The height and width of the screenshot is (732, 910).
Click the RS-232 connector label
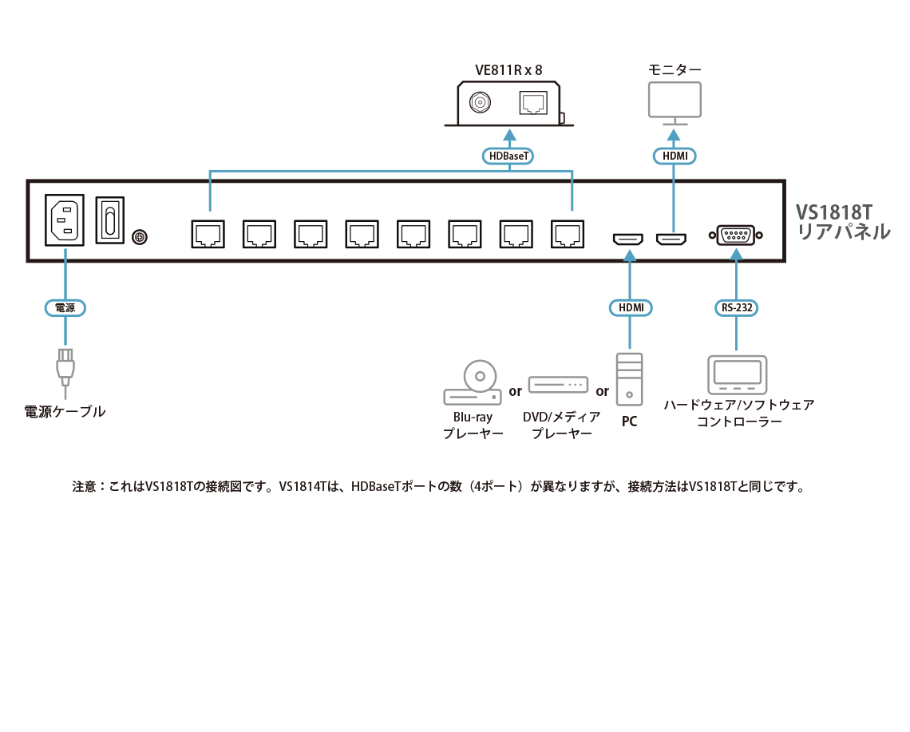click(x=735, y=307)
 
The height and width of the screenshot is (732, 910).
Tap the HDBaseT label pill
click(x=508, y=156)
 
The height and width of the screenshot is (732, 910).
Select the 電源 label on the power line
click(x=64, y=307)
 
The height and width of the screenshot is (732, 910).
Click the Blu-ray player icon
click(x=472, y=383)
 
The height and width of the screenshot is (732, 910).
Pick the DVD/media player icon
click(x=558, y=385)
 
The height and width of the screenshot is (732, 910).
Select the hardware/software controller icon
click(x=737, y=374)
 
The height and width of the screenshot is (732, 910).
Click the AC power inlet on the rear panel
click(x=65, y=220)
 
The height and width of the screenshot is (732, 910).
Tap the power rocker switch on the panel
click(x=110, y=220)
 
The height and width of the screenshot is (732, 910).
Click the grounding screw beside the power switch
click(x=139, y=237)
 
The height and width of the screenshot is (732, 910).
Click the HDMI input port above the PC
click(x=629, y=238)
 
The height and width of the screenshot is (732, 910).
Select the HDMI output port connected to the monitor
click(x=671, y=238)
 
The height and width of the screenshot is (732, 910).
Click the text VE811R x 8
click(x=508, y=70)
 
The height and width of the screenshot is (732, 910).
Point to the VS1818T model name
click(x=834, y=212)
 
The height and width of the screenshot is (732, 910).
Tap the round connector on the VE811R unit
click(x=480, y=103)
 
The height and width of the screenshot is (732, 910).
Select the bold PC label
click(x=630, y=421)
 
